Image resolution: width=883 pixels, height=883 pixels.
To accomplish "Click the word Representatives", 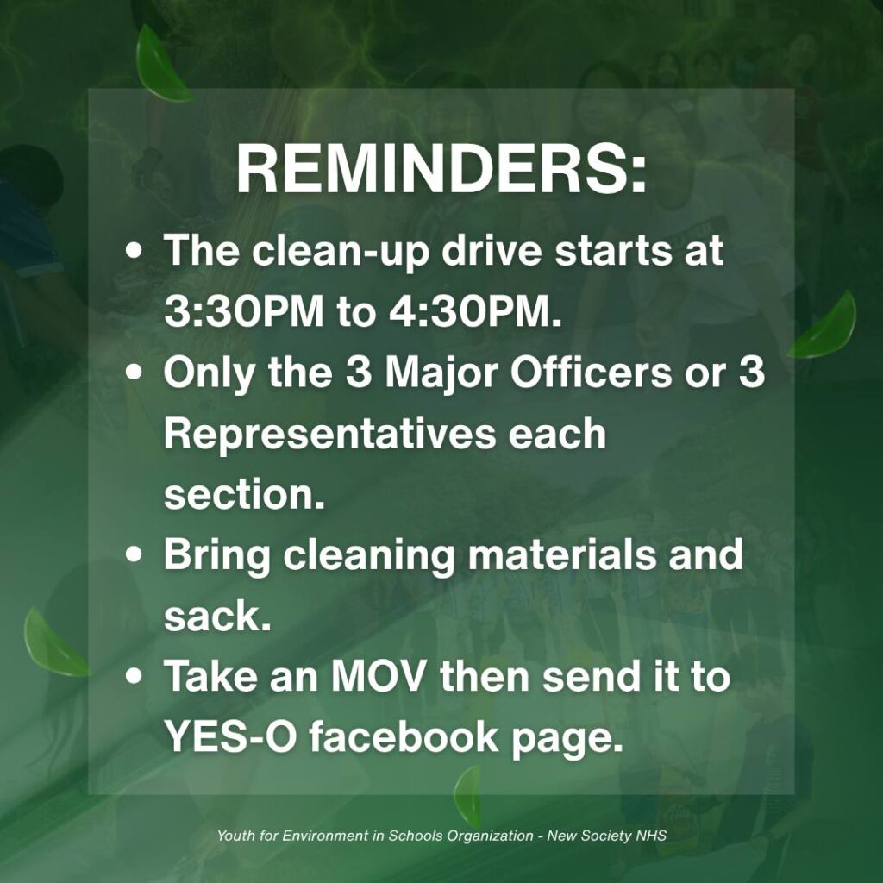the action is pos(330,435).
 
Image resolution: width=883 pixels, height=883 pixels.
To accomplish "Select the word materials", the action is pos(562,554).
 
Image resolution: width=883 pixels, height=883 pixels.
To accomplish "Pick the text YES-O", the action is pos(230,737).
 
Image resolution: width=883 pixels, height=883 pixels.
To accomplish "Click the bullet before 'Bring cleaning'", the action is pos(134,554).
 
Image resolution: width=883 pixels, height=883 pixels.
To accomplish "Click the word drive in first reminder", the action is pos(491,251).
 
